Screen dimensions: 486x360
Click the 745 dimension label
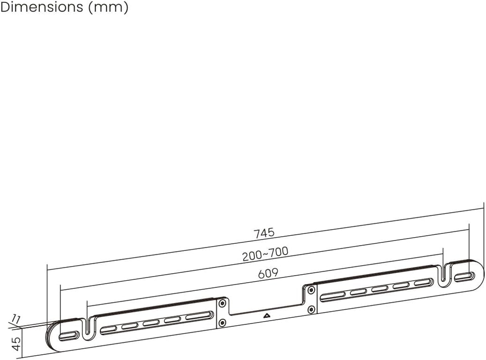264,233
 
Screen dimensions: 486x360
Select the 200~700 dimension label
265,254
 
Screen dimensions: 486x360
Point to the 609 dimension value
268,273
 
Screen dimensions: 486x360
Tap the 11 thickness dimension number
16,318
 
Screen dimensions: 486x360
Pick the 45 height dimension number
16,344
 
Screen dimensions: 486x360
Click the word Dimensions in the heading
42,7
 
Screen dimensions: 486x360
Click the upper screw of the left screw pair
222,303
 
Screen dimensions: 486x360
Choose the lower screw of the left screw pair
222,323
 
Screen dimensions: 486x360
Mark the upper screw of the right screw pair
311,290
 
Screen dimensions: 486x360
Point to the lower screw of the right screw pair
311,310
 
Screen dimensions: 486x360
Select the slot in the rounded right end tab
464,277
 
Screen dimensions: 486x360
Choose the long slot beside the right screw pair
334,296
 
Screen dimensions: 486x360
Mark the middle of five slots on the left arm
151,323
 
